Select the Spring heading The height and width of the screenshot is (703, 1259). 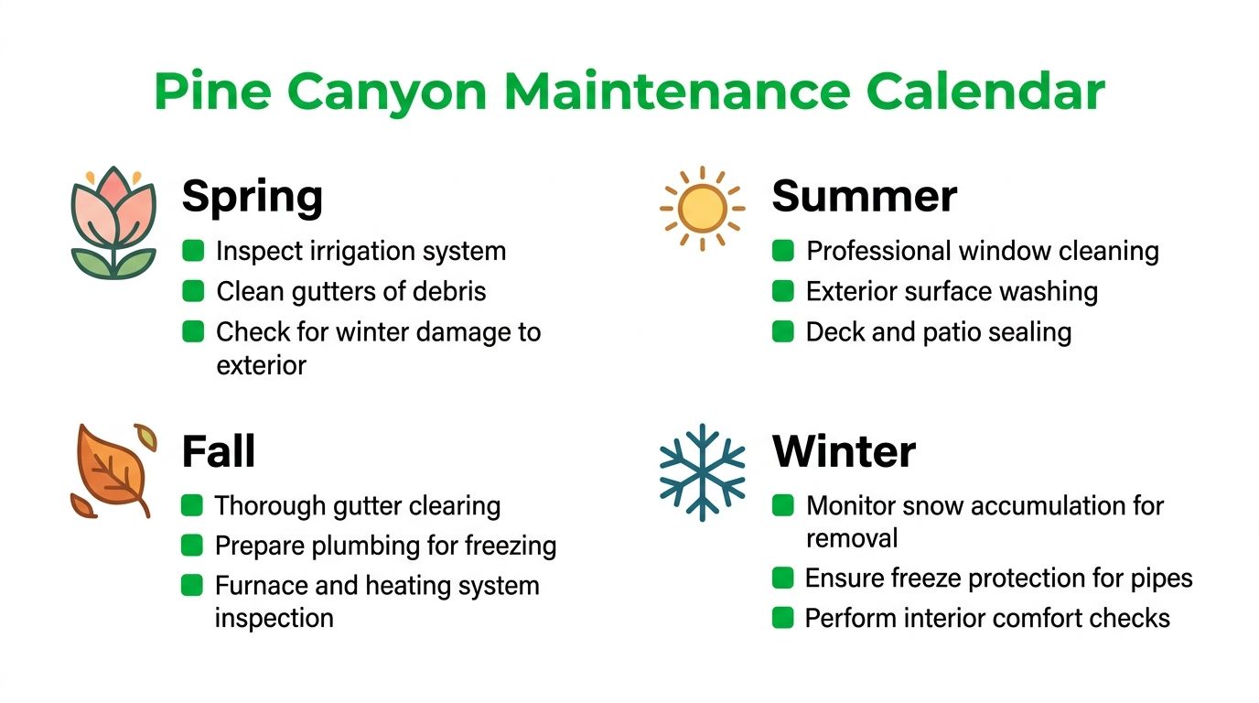click(x=253, y=198)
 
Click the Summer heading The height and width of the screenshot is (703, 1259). click(x=865, y=197)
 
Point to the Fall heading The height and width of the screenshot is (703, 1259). click(x=219, y=452)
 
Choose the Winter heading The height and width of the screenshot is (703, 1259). click(x=844, y=452)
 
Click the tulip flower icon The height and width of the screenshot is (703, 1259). click(x=113, y=222)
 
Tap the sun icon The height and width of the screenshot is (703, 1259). click(x=702, y=208)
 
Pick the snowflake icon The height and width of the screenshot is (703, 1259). click(x=702, y=471)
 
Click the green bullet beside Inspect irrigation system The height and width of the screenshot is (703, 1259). click(x=193, y=251)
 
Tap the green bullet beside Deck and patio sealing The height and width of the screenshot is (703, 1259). click(x=783, y=331)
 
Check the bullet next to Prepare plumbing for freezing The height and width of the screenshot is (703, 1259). click(x=191, y=546)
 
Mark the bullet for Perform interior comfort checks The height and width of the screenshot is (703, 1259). click(x=782, y=618)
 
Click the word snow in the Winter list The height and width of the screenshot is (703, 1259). click(x=920, y=505)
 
